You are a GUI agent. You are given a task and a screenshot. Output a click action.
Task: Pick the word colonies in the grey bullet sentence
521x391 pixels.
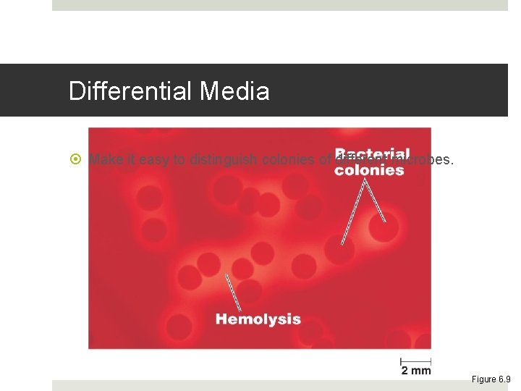pos(287,160)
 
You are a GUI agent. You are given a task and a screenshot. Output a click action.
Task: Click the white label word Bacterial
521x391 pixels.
pos(372,154)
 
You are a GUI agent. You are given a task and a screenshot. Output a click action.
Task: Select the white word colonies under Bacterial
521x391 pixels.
pos(369,171)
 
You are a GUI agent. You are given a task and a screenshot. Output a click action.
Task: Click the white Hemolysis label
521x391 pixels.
pos(258,319)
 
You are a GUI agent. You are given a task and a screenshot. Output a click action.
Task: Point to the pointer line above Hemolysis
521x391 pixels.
pos(233,293)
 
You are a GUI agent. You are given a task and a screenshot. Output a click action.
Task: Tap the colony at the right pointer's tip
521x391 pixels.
pos(384,227)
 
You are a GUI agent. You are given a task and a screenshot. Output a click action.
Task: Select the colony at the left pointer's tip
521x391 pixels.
pos(339,250)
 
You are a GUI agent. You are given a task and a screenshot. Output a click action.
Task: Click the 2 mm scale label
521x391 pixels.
pos(416,371)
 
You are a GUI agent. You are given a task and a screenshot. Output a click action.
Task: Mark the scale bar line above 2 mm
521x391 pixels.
pos(416,360)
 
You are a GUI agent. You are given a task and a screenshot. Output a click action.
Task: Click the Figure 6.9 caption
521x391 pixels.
pos(491,379)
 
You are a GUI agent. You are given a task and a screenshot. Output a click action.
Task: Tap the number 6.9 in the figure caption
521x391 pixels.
pos(504,379)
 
